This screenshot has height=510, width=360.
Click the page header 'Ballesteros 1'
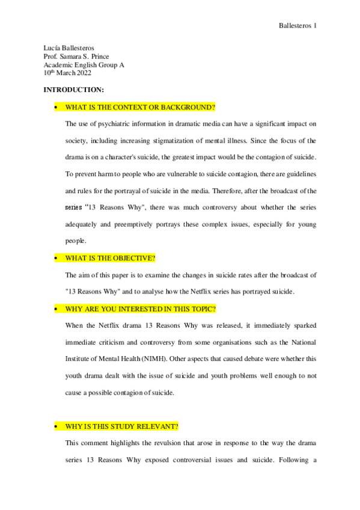(298, 25)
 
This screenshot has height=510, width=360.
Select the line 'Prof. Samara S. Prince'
(76, 56)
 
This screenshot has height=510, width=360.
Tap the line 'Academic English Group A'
(81, 64)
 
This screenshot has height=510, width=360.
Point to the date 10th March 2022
(67, 73)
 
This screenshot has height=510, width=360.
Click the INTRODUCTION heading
(74, 90)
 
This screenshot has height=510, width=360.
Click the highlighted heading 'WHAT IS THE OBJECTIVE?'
(110, 258)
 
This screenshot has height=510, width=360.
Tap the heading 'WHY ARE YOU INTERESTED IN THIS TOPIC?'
(141, 309)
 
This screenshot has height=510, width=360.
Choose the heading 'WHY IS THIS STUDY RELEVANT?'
(122, 426)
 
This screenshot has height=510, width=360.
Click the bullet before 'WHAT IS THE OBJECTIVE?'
(55, 259)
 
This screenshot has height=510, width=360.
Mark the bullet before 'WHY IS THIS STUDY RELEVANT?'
(55, 427)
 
